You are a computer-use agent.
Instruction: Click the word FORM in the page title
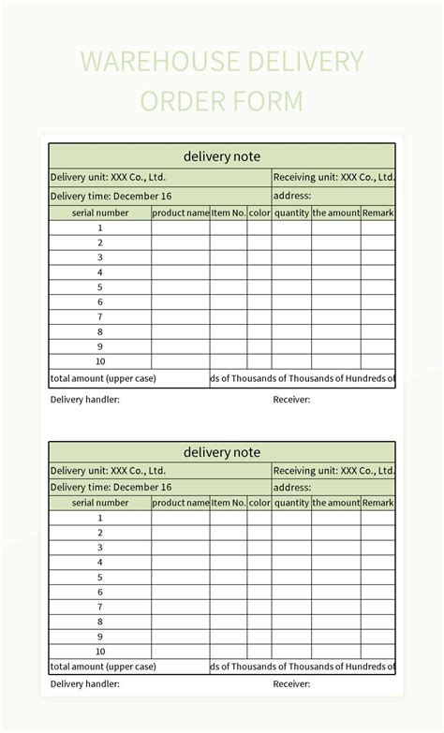pos(268,101)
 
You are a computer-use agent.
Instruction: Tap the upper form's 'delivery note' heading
pos(222,156)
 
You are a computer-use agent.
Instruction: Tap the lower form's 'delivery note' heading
pos(222,452)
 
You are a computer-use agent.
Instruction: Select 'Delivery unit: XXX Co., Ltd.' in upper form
pos(108,176)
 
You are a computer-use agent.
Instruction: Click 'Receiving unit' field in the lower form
pos(333,471)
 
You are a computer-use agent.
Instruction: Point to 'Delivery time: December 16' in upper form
pos(111,197)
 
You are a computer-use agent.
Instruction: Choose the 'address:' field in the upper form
pos(291,197)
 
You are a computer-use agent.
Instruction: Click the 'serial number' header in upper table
pos(100,213)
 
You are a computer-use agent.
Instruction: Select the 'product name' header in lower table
pos(181,503)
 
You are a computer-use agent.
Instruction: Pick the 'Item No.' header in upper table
pos(229,213)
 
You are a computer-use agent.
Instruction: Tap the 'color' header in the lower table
pos(259,503)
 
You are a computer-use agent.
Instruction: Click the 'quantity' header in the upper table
pos(291,213)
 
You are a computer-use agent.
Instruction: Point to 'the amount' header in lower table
pos(336,503)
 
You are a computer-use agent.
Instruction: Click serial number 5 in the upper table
pos(100,287)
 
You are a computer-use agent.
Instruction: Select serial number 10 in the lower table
pos(100,652)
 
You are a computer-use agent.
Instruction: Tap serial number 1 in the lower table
pos(100,518)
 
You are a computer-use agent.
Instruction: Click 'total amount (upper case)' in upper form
pos(103,378)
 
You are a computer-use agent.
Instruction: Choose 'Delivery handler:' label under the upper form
pos(84,400)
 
